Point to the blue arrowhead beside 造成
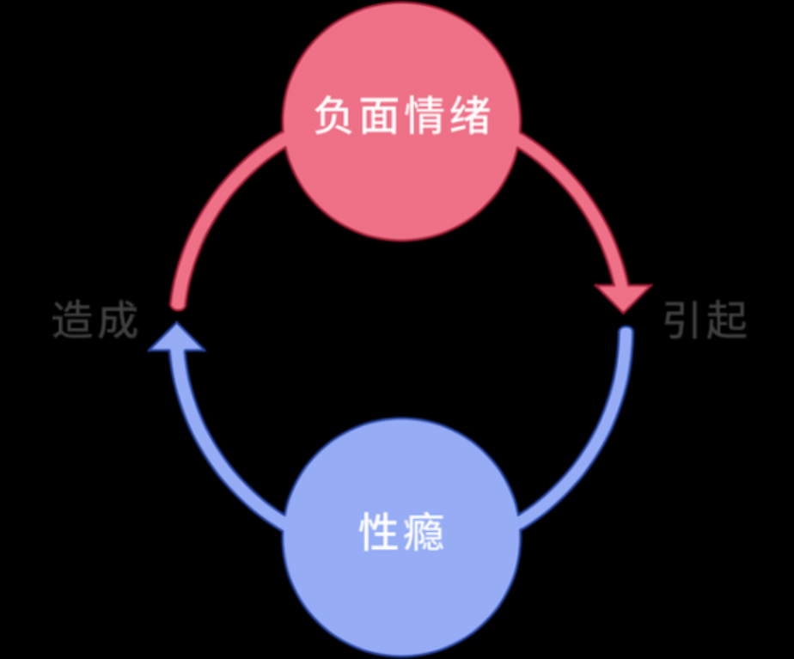(x=177, y=339)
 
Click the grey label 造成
(x=95, y=320)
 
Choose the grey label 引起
(x=705, y=320)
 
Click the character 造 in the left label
(x=72, y=320)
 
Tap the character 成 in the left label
(x=117, y=320)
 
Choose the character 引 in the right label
(x=683, y=320)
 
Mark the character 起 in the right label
(x=728, y=320)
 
